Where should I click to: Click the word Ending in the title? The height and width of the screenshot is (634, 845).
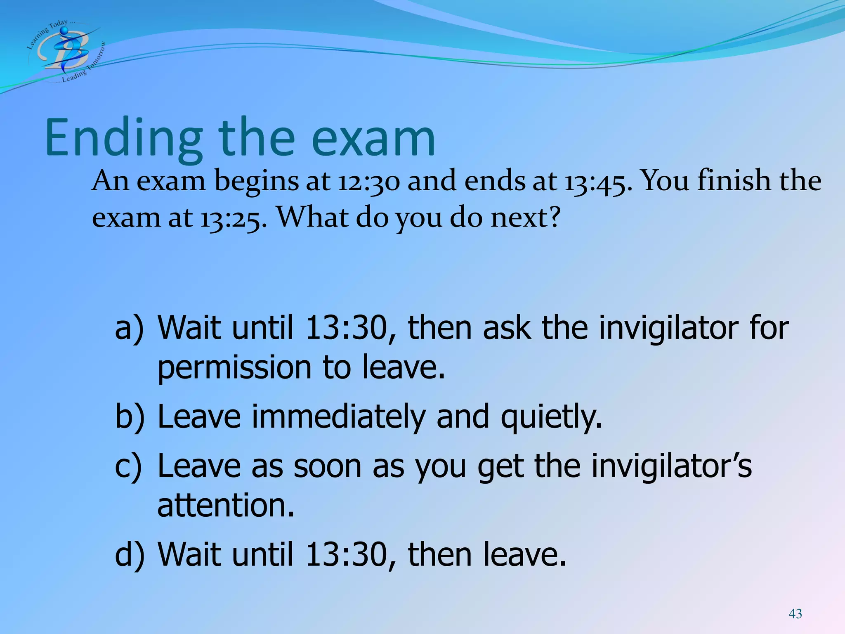tap(123, 138)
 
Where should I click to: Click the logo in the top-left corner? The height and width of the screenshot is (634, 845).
tap(66, 52)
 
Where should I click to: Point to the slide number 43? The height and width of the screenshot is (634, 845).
tap(795, 614)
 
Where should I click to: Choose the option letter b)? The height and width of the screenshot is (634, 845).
tap(130, 417)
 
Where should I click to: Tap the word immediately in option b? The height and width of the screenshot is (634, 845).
tap(338, 417)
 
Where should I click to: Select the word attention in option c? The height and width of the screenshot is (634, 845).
tap(226, 506)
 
